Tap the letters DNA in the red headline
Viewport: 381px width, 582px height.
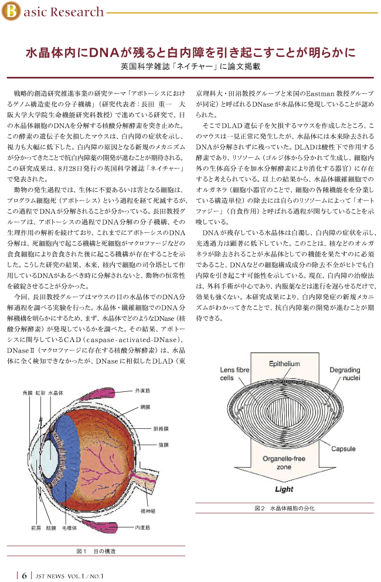point(98,52)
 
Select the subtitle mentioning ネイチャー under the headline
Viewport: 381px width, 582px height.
point(190,67)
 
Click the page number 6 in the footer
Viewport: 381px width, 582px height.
point(24,576)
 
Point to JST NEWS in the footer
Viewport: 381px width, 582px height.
point(50,576)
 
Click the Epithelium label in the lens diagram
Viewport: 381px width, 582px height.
point(284,364)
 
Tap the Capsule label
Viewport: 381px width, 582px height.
point(343,449)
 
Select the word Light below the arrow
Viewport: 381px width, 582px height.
point(284,489)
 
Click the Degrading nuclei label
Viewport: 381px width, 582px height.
point(345,374)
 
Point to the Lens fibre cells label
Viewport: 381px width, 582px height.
point(234,374)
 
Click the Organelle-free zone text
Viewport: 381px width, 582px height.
point(284,463)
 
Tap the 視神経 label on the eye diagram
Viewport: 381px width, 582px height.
point(148,511)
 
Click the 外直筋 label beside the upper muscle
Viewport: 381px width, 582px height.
point(143,391)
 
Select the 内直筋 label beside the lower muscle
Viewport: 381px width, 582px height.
point(143,527)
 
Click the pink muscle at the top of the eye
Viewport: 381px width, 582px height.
point(107,394)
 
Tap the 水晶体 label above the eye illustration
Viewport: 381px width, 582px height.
point(56,392)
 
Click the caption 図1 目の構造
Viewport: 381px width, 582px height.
point(96,551)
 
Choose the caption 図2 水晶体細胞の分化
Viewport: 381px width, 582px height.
point(284,508)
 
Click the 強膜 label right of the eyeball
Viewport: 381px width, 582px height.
point(164,445)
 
